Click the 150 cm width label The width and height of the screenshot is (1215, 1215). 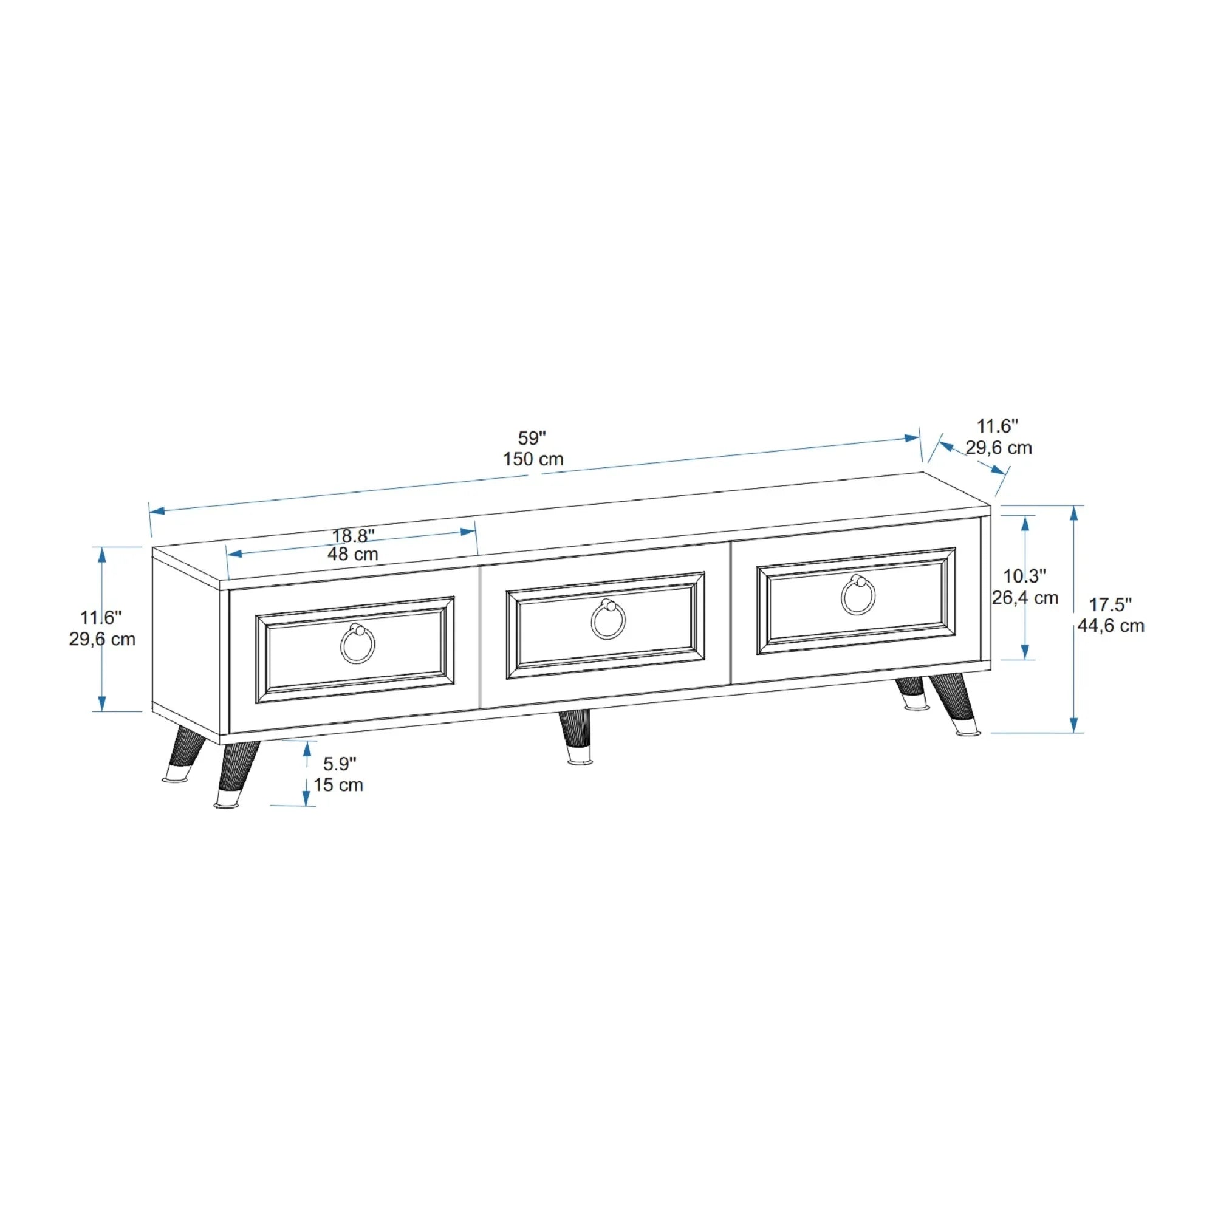tap(533, 459)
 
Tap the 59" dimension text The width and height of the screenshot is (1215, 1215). tap(532, 437)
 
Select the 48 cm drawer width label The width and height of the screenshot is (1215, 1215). tap(352, 554)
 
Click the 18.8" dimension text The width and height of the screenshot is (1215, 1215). tap(354, 536)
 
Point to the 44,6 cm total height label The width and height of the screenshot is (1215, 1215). tap(1111, 626)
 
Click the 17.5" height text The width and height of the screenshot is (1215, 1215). tap(1110, 604)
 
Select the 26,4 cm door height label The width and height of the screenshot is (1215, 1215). tap(1025, 597)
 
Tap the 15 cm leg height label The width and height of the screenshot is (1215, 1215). tap(338, 785)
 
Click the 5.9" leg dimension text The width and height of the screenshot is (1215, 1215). tap(340, 764)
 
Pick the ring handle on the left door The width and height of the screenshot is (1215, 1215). tap(358, 645)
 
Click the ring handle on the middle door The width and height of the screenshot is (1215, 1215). tap(608, 621)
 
